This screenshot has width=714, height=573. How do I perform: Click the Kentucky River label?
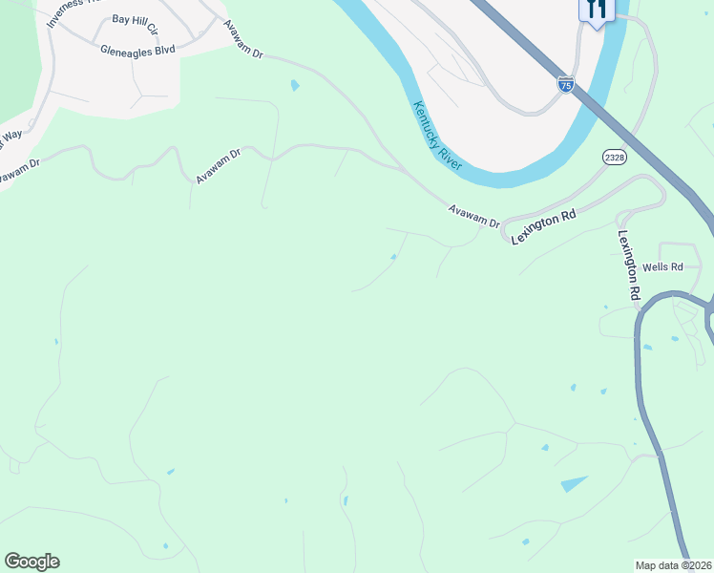point(437,136)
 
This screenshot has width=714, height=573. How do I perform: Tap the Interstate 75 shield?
point(565,84)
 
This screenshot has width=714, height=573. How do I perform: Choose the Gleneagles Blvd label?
point(137,49)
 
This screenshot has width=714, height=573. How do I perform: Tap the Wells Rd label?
point(663,267)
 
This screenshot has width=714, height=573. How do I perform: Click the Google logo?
point(31,562)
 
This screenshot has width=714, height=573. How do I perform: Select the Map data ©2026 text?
point(673,565)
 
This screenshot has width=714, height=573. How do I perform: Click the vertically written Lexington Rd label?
point(628,267)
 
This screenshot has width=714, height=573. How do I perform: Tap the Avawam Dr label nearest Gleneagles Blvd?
point(242,39)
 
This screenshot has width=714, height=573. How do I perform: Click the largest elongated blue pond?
point(575,484)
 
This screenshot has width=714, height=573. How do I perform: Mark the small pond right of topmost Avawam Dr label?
point(295,86)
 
